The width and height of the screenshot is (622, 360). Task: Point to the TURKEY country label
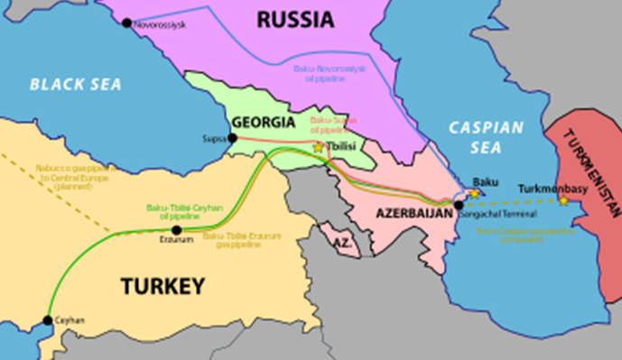(x=162, y=287)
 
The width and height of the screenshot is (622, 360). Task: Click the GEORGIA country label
(x=263, y=123)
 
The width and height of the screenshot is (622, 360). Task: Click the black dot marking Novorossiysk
(x=126, y=23)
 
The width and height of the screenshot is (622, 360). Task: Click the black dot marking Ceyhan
(x=48, y=320)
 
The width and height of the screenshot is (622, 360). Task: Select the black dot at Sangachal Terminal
(x=459, y=205)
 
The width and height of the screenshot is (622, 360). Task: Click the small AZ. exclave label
(x=341, y=245)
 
